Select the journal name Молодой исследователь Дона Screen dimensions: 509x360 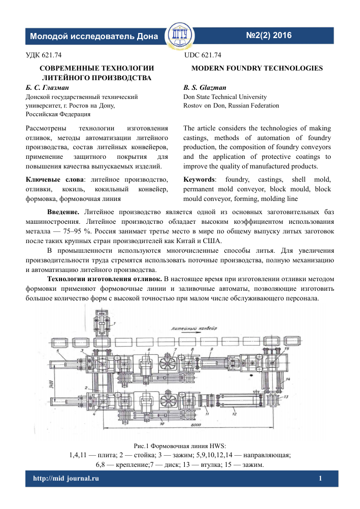94,37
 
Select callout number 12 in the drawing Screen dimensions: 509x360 235,414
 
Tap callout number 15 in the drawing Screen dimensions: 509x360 286,349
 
